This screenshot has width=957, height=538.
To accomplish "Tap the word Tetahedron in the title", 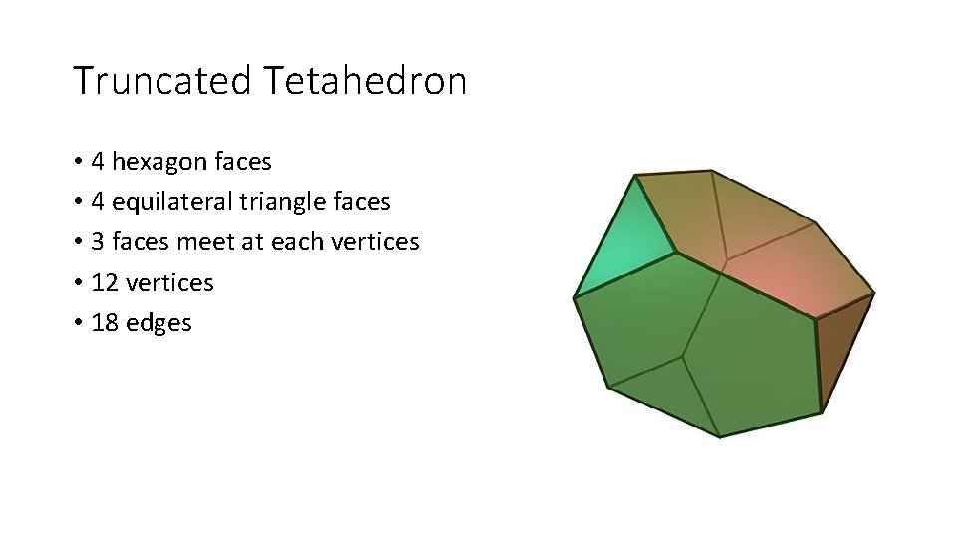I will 366,81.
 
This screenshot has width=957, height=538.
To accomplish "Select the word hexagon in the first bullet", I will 160,162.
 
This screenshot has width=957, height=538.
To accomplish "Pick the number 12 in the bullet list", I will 103,283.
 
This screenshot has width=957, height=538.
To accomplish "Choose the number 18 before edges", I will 103,323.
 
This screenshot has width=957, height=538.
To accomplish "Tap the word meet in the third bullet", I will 205,242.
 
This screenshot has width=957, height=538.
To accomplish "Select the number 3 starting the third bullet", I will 97,242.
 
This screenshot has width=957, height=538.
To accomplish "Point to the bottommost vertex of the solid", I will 719,436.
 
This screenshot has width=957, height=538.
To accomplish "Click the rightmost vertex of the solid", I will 874,294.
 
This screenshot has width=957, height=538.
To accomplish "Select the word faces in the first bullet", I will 242,162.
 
